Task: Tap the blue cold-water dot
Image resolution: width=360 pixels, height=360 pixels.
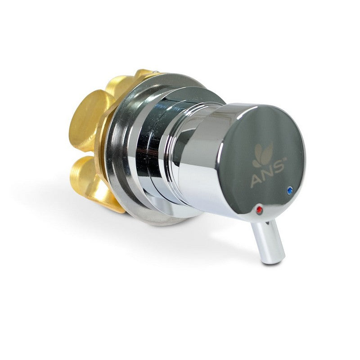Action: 289,189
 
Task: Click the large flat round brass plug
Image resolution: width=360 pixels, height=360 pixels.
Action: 87,115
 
